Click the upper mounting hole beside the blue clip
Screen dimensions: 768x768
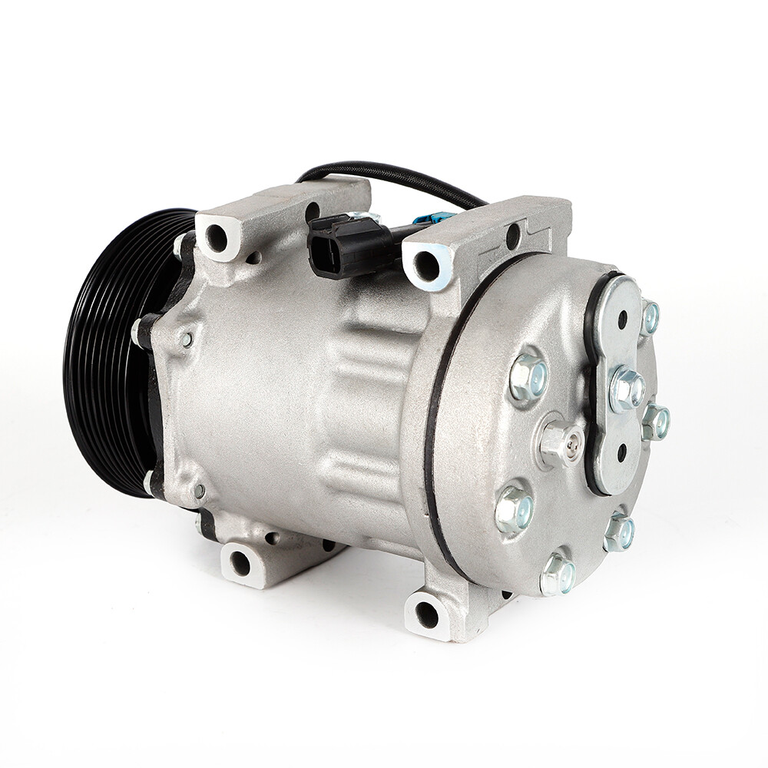click(426, 266)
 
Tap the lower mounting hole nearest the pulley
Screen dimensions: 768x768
click(240, 564)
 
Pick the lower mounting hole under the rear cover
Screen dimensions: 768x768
click(426, 614)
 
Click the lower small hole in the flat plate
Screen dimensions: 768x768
click(621, 453)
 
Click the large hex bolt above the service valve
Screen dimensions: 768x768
click(529, 377)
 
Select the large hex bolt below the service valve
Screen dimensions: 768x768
click(514, 508)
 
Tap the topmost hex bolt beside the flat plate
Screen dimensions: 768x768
click(650, 316)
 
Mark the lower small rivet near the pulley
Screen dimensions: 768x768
click(199, 490)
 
